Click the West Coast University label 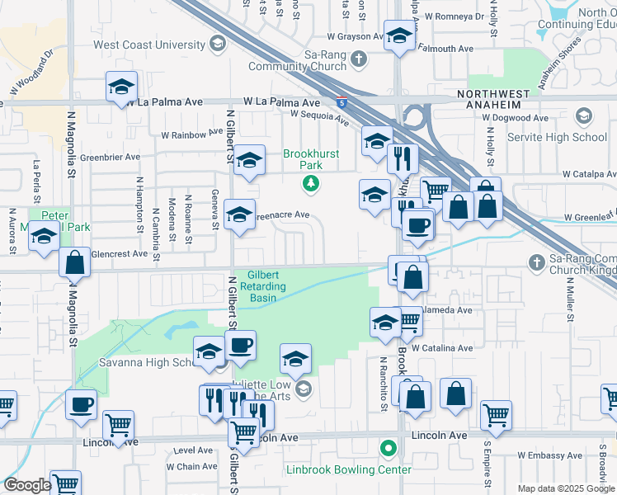[148, 45]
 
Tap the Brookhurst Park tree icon [311, 183]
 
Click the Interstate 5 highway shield [341, 103]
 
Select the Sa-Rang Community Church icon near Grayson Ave [358, 59]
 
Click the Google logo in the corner [27, 485]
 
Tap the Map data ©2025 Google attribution [566, 488]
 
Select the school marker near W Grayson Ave [399, 36]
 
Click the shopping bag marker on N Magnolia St [75, 263]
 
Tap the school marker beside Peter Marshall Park [44, 238]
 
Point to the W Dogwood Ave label [518, 118]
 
